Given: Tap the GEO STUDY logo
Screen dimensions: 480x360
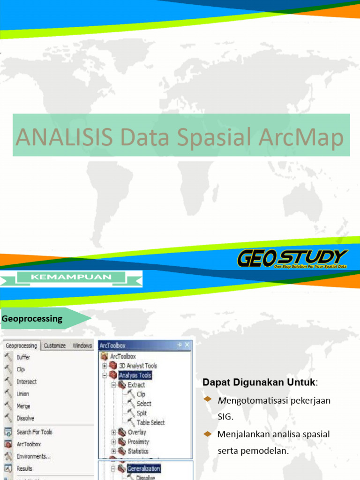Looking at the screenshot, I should pos(292,258).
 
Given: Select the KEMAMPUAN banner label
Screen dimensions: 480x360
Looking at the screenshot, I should pos(71,277).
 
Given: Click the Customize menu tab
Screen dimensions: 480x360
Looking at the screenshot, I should pos(55,346).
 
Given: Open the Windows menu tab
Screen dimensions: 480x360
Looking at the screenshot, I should pos(82,346).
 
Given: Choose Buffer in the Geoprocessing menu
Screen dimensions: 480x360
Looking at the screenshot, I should pos(23,357).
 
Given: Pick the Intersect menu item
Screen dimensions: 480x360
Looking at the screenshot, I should pos(27,382).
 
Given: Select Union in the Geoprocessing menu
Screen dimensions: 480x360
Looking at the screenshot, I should pos(23,394).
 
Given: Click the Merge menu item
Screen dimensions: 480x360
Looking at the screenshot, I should pos(23,406).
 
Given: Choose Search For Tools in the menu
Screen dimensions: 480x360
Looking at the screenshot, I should pos(34,432).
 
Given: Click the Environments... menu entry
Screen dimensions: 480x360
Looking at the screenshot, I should pos(33,456).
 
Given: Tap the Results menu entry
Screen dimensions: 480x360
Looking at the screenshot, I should pos(24,468).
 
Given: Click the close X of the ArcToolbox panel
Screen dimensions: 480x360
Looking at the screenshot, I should pos(187,345).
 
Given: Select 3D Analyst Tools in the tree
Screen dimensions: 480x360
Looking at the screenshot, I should pos(138,366).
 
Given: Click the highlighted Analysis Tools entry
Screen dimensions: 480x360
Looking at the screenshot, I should pos(135,375).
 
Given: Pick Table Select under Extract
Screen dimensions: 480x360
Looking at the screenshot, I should pos(150,422).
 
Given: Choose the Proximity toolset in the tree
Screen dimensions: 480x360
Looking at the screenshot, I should pos(138,442).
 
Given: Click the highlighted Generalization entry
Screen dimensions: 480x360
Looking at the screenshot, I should pos(143,469).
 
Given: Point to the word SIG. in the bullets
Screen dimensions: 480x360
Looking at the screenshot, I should pos(225,416).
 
